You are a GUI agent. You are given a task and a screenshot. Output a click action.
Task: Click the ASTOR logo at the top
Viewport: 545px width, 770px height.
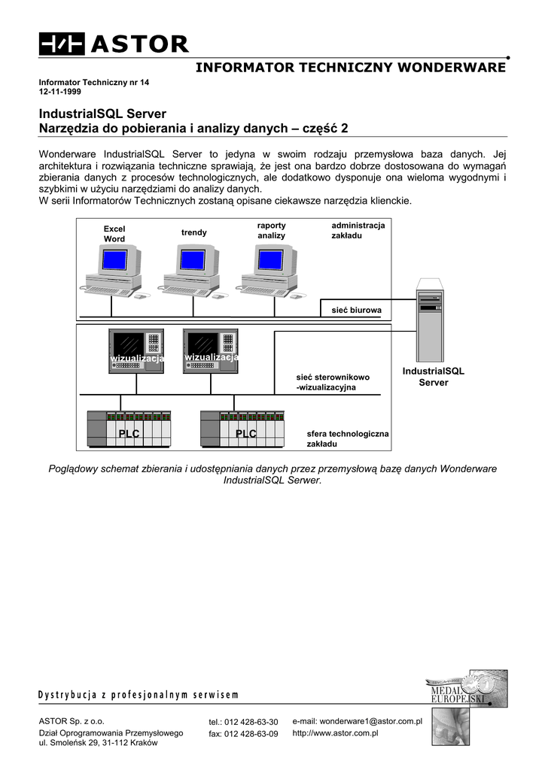(114, 44)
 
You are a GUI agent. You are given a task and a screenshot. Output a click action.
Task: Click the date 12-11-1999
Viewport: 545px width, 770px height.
(60, 91)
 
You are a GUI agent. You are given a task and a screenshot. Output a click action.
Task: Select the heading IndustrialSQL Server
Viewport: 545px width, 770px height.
(102, 114)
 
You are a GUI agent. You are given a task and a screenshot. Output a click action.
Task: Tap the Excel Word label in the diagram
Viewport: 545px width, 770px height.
(114, 234)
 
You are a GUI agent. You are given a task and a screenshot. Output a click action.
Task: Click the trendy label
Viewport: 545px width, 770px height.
(193, 232)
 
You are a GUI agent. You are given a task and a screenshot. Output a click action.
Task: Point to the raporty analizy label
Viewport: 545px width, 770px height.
(271, 231)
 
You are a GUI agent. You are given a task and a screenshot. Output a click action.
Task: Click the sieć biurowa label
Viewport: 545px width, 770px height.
(357, 310)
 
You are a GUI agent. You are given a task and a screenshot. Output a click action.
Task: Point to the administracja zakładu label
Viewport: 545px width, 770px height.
(358, 231)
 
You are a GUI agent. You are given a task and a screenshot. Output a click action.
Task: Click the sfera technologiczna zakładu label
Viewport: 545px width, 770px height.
(348, 439)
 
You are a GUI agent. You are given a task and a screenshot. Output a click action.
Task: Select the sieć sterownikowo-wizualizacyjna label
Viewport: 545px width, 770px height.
(333, 383)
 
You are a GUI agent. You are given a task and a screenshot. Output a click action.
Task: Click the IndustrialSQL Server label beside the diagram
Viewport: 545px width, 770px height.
(433, 377)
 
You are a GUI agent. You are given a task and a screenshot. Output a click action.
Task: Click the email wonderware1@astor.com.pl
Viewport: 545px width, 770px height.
(357, 721)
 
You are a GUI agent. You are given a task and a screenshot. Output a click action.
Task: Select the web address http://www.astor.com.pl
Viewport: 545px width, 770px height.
(334, 732)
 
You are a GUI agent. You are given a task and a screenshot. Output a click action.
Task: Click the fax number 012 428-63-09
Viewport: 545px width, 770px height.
(243, 734)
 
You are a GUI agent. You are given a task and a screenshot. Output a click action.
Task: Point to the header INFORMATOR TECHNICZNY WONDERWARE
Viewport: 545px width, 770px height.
(351, 68)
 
